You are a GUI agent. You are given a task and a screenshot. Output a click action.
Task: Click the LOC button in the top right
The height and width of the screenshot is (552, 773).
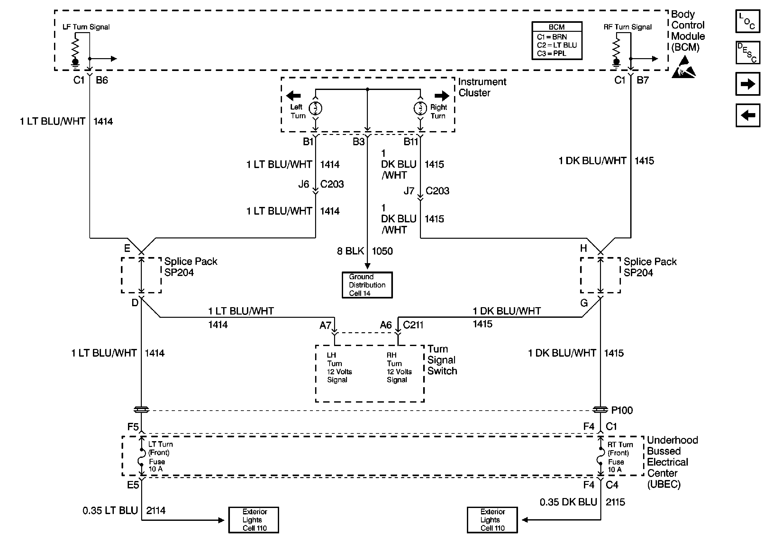(747, 21)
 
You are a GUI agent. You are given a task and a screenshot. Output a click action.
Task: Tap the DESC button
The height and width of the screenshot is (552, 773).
(747, 53)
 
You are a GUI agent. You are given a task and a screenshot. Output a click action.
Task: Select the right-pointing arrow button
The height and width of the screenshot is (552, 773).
(747, 84)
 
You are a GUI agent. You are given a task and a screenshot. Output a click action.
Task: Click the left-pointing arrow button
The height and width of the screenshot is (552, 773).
(747, 115)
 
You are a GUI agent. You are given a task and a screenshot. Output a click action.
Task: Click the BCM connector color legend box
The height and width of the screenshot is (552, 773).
(556, 41)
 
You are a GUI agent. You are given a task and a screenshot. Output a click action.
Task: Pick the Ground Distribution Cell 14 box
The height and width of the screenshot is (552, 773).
(367, 285)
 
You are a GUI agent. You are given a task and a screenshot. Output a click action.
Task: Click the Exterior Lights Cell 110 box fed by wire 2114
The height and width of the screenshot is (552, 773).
(253, 520)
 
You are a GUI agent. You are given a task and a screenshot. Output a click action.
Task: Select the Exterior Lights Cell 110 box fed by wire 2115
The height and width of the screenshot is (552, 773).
(492, 520)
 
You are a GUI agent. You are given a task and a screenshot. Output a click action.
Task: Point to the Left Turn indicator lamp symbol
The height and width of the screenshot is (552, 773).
(315, 108)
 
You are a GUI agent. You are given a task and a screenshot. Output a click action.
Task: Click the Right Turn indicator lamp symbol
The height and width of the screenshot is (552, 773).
(420, 108)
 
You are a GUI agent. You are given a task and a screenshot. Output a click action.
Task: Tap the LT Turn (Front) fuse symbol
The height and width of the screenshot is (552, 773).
(141, 458)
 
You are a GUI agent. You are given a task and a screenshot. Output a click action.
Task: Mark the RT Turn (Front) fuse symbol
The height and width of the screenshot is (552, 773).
(600, 458)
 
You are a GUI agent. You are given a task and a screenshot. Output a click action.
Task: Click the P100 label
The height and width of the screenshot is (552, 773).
(622, 410)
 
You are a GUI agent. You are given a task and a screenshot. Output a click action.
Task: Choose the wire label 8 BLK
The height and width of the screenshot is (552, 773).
(350, 251)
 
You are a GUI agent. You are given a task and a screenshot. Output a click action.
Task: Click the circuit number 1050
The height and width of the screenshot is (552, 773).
(382, 251)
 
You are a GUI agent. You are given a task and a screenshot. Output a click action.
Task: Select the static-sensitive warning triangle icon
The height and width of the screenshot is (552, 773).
(684, 68)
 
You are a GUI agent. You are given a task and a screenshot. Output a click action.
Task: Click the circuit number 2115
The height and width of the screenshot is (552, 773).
(615, 502)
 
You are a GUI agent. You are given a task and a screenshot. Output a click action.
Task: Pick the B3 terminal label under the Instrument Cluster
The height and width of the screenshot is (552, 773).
(359, 142)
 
